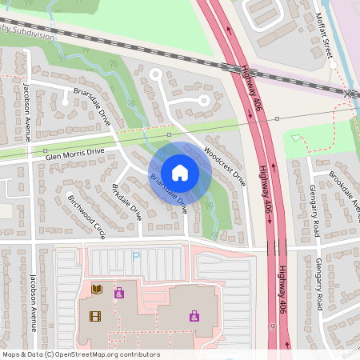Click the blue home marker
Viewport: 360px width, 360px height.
click(180, 173)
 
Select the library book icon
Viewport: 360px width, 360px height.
click(97, 289)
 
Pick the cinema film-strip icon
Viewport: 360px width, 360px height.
click(95, 316)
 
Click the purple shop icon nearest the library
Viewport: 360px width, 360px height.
click(119, 294)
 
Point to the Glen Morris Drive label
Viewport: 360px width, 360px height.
click(75, 152)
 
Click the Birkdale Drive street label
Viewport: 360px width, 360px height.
click(126, 202)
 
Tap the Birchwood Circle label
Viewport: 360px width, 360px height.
click(86, 217)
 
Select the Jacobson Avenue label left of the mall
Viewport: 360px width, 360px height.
click(34, 303)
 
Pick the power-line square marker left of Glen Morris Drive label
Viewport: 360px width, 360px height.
click(46, 150)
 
